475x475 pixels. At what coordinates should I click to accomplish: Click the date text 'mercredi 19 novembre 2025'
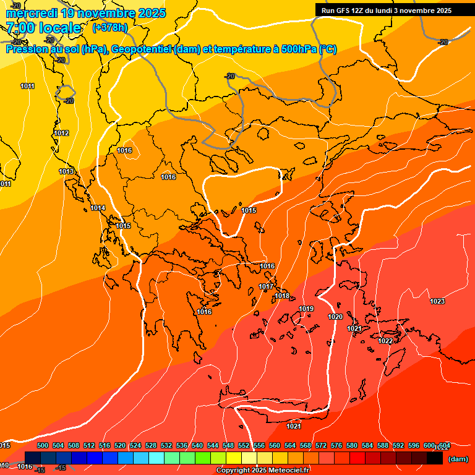(x=85, y=13)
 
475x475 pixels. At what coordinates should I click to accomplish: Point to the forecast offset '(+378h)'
(x=109, y=27)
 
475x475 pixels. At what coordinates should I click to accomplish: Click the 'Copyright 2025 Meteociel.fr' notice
(x=262, y=471)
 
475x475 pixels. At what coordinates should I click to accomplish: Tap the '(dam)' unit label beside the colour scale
(x=458, y=459)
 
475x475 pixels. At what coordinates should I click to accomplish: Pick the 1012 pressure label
(x=61, y=133)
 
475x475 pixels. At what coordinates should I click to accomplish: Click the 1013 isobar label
(x=67, y=171)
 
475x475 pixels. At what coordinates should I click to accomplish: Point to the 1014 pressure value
(x=98, y=208)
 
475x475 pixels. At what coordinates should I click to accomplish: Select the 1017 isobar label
(x=266, y=286)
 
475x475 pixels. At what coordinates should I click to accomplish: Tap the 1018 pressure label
(x=282, y=296)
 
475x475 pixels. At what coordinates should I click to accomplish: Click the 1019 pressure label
(x=306, y=309)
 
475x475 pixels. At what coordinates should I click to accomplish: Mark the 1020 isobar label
(x=335, y=317)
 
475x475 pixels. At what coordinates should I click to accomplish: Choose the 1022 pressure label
(x=385, y=341)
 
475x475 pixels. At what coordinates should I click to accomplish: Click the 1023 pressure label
(x=437, y=301)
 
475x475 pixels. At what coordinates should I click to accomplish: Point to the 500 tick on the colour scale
(x=43, y=445)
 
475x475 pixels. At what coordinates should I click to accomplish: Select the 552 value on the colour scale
(x=244, y=445)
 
